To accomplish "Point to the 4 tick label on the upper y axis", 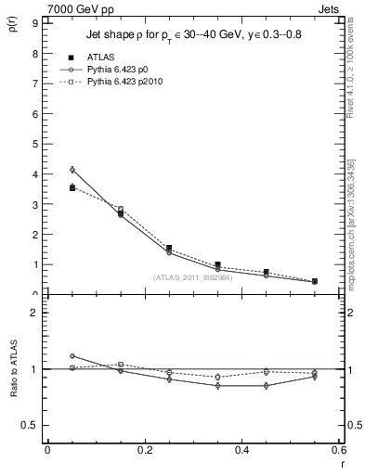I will [x=34, y=174].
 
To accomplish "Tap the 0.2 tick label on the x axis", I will [x=145, y=451].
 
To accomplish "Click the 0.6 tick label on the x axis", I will [x=338, y=451].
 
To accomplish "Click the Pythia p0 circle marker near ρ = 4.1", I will [x=72, y=170].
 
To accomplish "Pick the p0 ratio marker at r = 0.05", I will [x=72, y=355].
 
